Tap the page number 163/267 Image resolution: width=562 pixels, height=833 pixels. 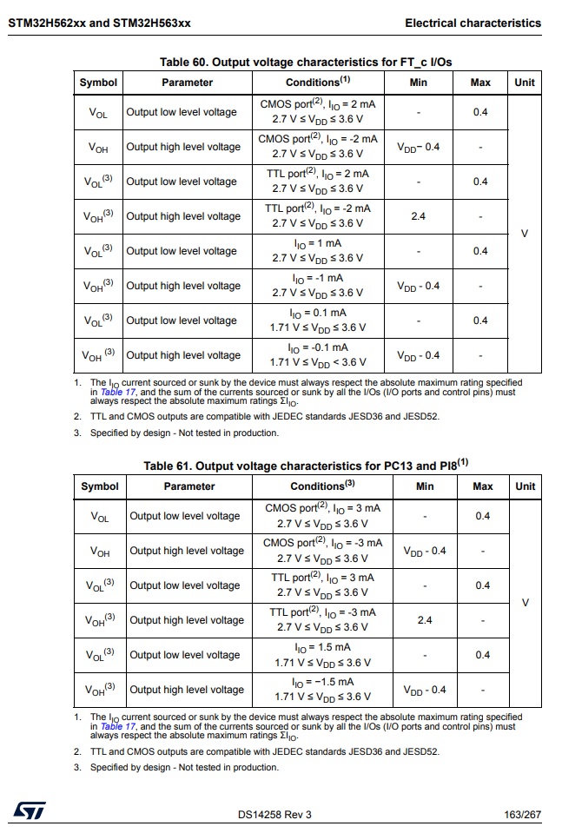(522, 814)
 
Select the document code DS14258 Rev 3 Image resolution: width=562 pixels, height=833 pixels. (274, 814)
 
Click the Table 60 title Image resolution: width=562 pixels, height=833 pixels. (306, 63)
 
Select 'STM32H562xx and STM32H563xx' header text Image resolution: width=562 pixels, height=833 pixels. (99, 23)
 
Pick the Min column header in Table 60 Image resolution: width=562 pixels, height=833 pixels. (419, 83)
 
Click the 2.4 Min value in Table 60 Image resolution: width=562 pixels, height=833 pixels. (419, 216)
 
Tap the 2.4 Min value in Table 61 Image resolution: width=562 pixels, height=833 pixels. (425, 620)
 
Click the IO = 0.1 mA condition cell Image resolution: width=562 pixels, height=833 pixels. (318, 321)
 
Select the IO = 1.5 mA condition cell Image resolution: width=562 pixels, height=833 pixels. (322, 655)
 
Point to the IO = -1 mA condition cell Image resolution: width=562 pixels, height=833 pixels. (318, 286)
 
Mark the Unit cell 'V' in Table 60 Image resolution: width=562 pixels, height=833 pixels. (525, 234)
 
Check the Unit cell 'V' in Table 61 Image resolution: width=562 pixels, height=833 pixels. (525, 603)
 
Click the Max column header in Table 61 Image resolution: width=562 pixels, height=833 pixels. (483, 486)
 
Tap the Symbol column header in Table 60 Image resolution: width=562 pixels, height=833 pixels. (98, 83)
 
